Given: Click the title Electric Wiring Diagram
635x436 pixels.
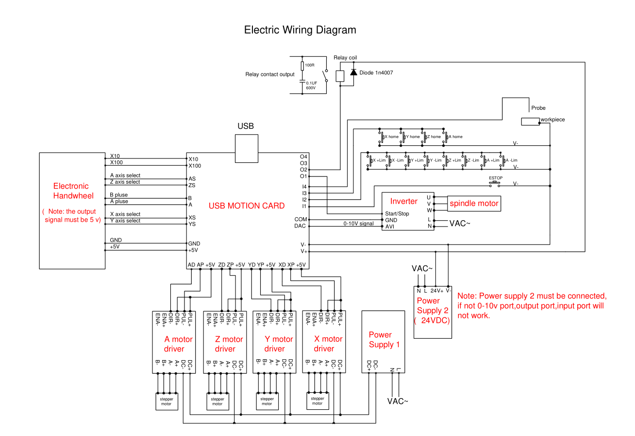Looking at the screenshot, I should tap(300, 30).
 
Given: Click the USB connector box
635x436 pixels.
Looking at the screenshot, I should tap(246, 148).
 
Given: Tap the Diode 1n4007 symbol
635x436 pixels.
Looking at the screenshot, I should tap(353, 72).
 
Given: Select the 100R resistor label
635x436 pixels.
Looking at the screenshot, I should tap(310, 65).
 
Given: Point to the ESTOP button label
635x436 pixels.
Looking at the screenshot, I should tap(496, 178).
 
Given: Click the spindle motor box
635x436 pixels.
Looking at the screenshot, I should tap(474, 203).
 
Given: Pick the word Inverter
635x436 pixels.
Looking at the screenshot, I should tap(404, 201).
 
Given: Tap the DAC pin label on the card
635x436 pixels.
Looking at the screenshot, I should tap(300, 226).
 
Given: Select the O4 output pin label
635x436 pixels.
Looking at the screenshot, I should tap(304, 157).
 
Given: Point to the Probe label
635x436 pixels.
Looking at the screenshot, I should tap(538, 108).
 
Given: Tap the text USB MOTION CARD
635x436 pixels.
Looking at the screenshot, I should tap(247, 206).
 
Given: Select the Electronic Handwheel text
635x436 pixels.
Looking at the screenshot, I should tap(71, 191).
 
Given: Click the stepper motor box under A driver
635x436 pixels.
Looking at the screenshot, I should tap(167, 401).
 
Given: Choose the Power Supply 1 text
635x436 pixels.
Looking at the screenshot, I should tap(384, 339).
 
